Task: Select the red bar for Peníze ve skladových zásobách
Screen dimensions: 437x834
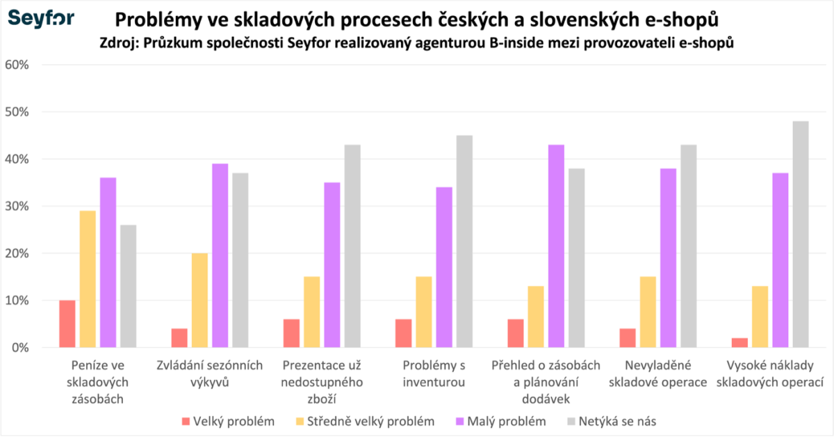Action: click(x=67, y=324)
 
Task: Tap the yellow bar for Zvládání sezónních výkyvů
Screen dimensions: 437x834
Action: click(x=199, y=300)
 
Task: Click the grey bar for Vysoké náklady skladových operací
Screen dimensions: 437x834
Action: click(x=801, y=234)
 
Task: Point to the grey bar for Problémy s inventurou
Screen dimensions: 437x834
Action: click(x=464, y=241)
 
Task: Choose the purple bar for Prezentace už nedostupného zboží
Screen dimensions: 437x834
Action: click(x=332, y=264)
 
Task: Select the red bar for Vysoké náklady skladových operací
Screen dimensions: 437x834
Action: click(x=739, y=342)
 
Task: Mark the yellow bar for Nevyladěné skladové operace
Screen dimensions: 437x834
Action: click(x=648, y=312)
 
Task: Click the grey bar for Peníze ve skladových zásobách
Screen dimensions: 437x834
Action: click(x=128, y=286)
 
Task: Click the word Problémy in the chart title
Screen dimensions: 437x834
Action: click(x=154, y=17)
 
